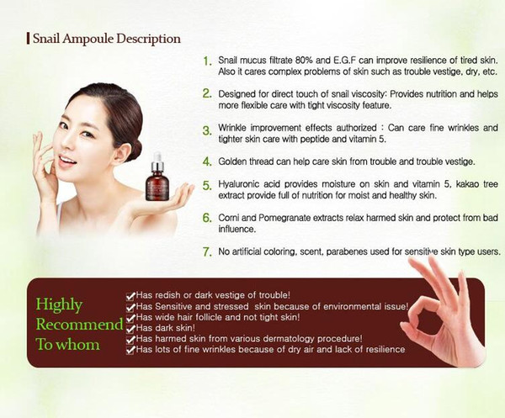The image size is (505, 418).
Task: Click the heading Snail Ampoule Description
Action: click(x=107, y=39)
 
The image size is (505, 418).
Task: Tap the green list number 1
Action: click(x=207, y=61)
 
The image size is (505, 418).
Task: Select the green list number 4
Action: click(x=207, y=161)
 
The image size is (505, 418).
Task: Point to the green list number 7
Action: click(x=207, y=251)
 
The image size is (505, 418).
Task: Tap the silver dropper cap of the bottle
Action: click(x=157, y=165)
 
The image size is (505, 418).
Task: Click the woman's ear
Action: click(x=120, y=152)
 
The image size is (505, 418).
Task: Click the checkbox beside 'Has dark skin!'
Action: click(x=130, y=329)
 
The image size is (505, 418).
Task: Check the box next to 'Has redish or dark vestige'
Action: click(x=130, y=296)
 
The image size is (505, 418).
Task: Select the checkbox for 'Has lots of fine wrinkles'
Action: click(x=130, y=350)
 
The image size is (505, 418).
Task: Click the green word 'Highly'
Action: click(x=59, y=304)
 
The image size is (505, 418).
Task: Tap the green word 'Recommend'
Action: click(x=79, y=324)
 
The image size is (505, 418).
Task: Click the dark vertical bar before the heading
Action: click(x=29, y=39)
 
